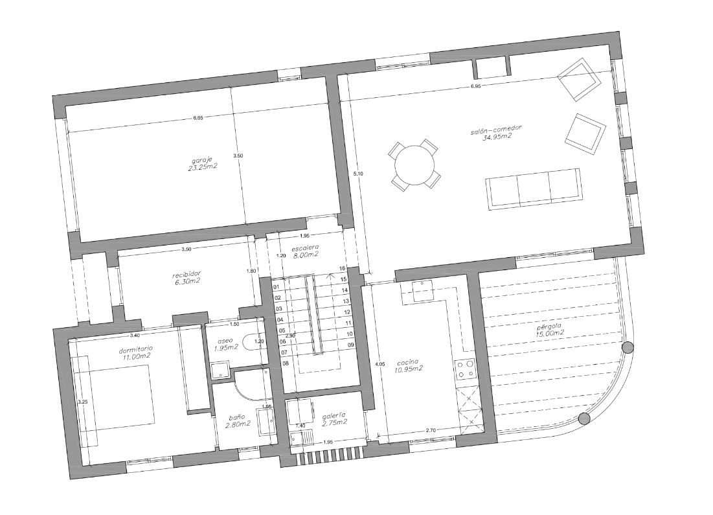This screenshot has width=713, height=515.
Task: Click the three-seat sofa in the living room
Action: coord(533,189)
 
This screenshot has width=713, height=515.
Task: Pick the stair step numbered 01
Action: coord(277,286)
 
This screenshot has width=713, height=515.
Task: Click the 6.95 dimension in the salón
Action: coord(476,86)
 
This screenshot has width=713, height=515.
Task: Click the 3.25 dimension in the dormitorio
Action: coord(82,402)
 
